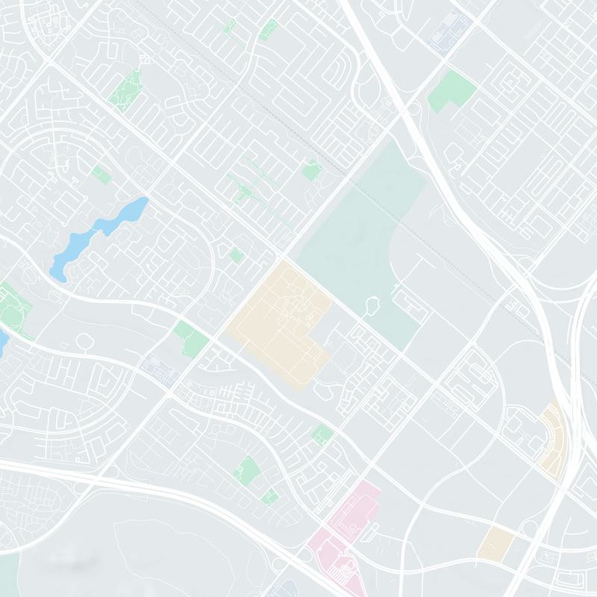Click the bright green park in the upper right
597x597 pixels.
451,90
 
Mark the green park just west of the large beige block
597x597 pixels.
191,337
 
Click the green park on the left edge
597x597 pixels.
13,302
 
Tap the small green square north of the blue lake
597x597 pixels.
101,175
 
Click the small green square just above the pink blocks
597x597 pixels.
322,434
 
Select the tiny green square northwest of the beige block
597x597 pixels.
237,255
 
